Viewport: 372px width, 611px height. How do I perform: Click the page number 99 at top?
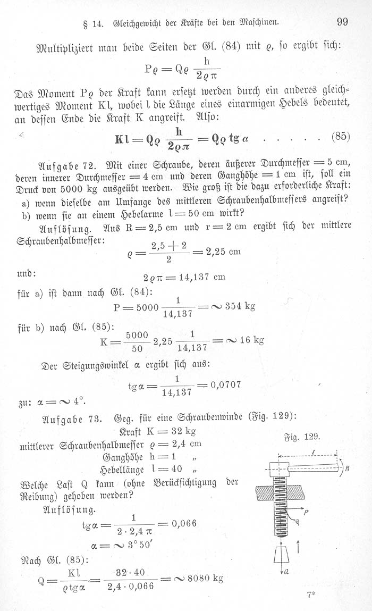[341, 22]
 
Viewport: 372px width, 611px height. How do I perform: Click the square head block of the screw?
[279, 470]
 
